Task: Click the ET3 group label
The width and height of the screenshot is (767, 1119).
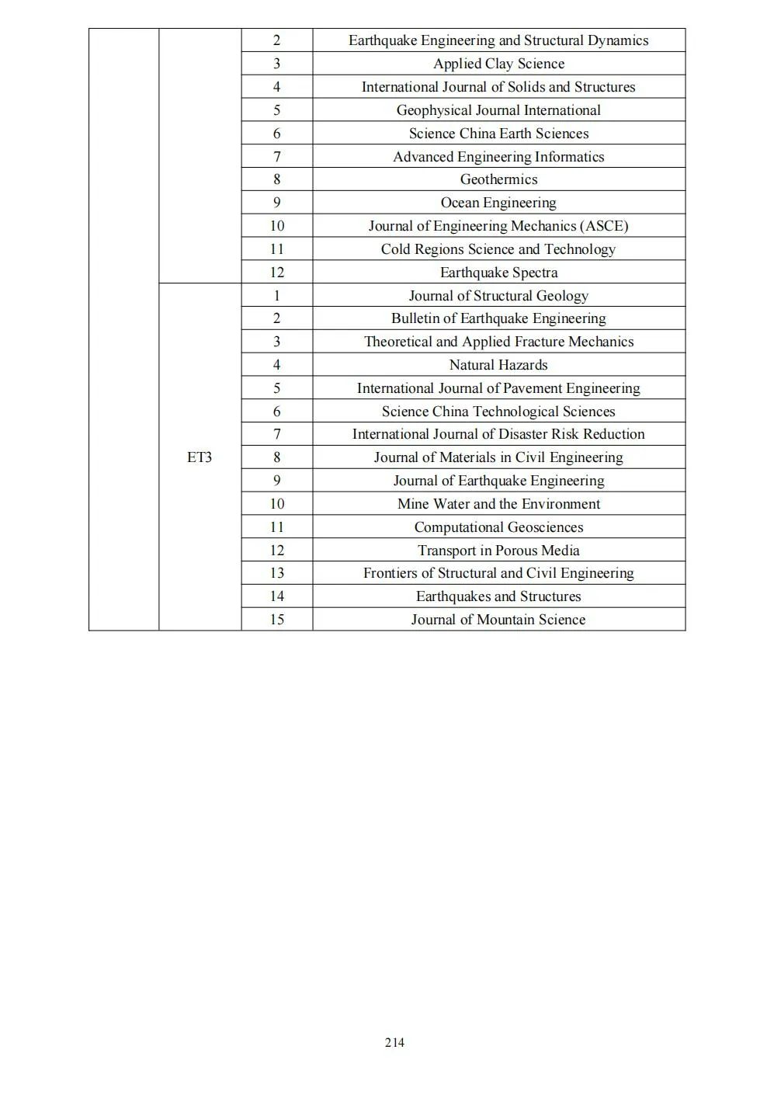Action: point(199,457)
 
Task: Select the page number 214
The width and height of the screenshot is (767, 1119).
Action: point(394,1042)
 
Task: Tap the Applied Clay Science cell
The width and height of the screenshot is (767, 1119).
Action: point(498,64)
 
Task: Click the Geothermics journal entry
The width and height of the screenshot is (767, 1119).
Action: point(498,179)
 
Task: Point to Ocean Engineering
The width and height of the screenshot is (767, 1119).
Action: point(498,203)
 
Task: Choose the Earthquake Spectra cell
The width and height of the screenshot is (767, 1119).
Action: point(498,273)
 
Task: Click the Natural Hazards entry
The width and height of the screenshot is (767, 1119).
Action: point(498,365)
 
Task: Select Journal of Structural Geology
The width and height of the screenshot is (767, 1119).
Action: point(498,296)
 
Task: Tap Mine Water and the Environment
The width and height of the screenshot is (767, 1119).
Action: point(498,504)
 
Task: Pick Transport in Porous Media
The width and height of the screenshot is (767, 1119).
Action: point(498,551)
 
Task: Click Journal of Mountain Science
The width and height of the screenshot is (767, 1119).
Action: point(498,620)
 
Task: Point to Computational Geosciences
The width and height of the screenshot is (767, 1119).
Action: point(498,527)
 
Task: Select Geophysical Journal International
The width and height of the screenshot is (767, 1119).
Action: point(498,110)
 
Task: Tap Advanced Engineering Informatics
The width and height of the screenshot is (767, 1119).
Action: point(498,157)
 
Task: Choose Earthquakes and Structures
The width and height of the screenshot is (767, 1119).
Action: point(498,596)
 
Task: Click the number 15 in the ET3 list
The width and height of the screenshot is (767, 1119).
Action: point(276,620)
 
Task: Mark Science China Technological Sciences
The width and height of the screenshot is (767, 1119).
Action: point(498,412)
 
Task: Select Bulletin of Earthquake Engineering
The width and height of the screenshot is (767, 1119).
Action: point(498,318)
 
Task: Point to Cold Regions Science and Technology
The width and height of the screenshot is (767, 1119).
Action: point(498,249)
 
